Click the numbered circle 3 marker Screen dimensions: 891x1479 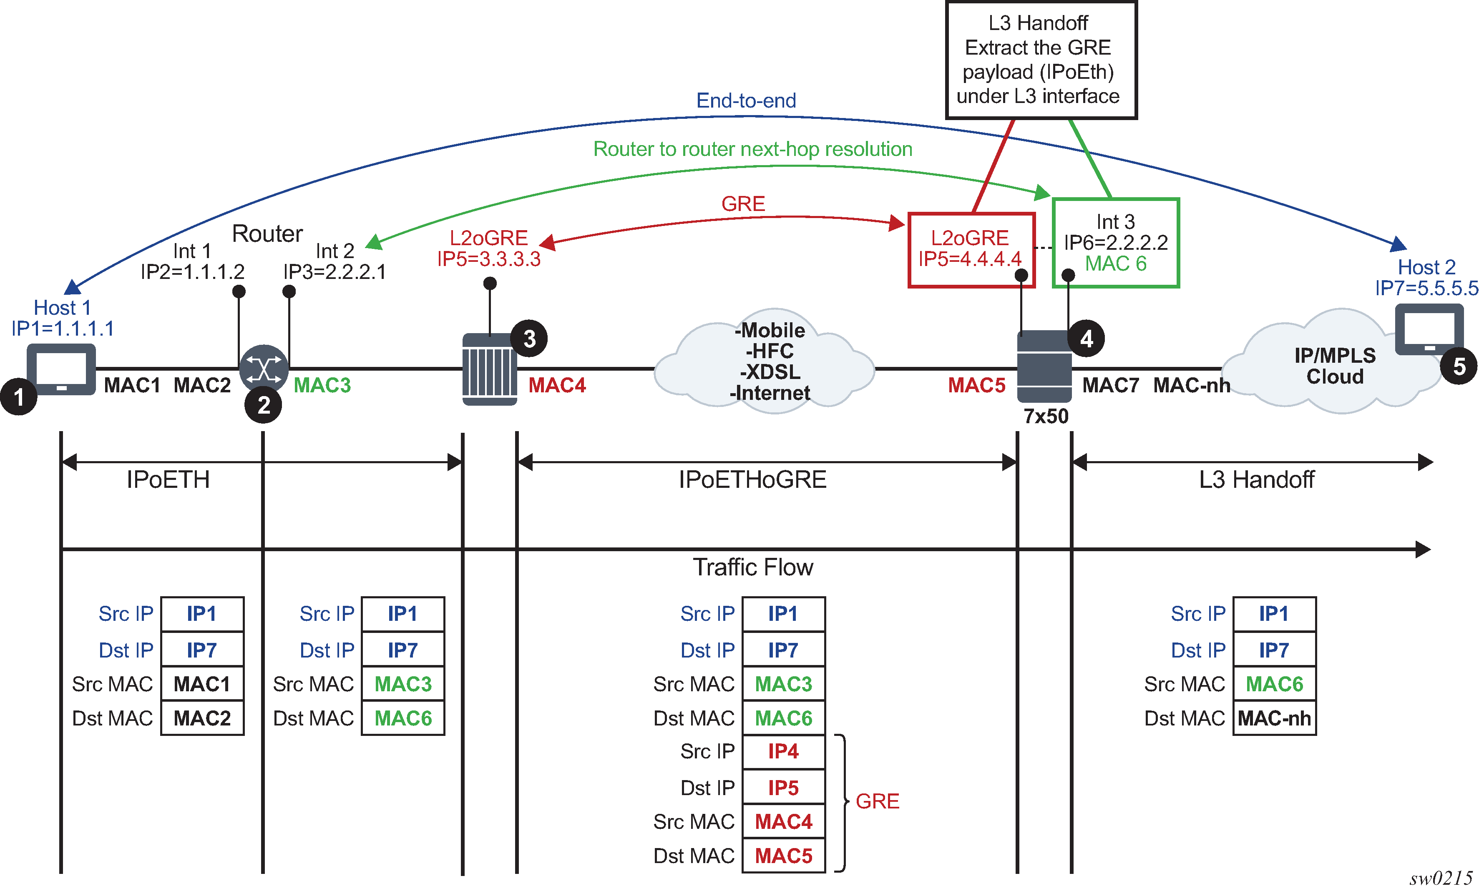[529, 339]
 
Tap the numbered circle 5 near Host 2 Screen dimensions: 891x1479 [1459, 366]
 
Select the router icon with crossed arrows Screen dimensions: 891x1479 [264, 369]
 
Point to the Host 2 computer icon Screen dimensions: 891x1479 [1429, 329]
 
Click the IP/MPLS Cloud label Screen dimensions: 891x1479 [1335, 366]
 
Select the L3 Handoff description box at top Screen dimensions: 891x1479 [1041, 60]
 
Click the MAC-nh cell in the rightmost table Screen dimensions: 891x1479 [1274, 718]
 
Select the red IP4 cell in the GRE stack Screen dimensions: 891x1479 [783, 752]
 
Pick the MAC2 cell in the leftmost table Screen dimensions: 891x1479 [202, 718]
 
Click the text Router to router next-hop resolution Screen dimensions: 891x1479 [753, 149]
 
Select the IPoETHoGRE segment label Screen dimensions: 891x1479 [753, 479]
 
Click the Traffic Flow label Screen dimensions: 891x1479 [753, 567]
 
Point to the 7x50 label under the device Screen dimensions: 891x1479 [1046, 416]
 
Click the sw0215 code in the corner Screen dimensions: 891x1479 [1441, 878]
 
